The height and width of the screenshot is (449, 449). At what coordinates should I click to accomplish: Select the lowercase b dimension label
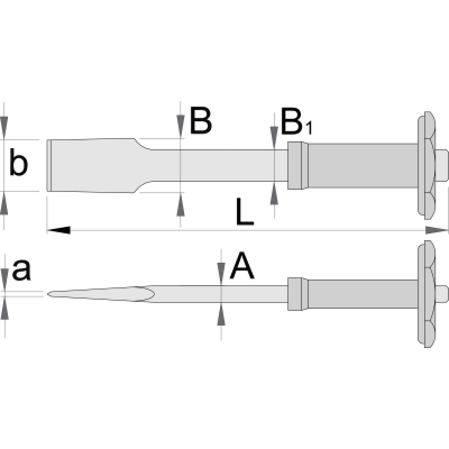(x=18, y=165)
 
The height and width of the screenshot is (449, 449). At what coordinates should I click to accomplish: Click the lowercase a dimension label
(x=21, y=270)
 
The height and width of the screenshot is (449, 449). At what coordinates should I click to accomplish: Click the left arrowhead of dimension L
(x=58, y=230)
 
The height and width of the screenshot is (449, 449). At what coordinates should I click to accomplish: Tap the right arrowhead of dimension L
(x=437, y=230)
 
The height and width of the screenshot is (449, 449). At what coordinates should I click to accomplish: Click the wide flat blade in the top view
(x=90, y=165)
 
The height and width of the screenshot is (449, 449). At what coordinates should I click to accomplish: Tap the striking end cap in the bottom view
(x=441, y=293)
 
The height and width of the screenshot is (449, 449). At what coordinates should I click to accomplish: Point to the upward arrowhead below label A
(x=222, y=315)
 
